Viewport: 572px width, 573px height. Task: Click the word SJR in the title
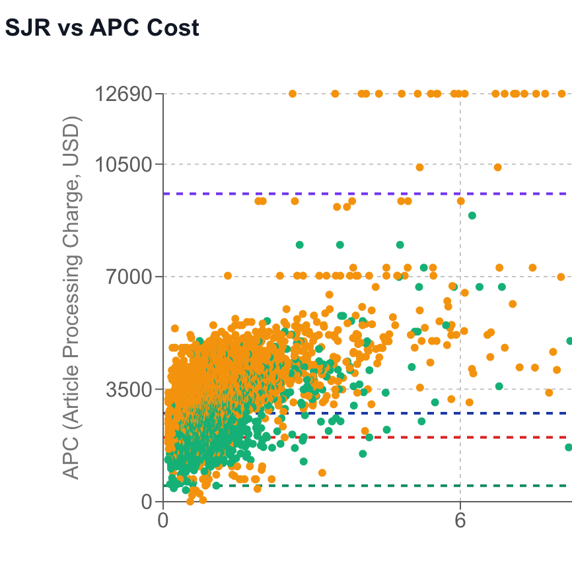(x=24, y=28)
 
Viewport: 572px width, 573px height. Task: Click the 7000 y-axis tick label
(x=129, y=277)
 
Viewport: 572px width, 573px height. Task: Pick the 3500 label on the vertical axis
(x=129, y=389)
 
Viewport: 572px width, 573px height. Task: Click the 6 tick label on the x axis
(x=460, y=522)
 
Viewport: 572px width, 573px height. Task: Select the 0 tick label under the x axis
(x=164, y=522)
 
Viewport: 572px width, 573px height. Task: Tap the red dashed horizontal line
(x=462, y=437)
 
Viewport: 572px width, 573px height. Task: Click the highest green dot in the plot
(x=472, y=215)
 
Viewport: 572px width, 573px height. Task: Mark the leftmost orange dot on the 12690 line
(x=293, y=94)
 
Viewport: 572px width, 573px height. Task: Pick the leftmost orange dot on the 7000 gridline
(x=228, y=276)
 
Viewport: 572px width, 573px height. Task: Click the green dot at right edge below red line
(x=569, y=448)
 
